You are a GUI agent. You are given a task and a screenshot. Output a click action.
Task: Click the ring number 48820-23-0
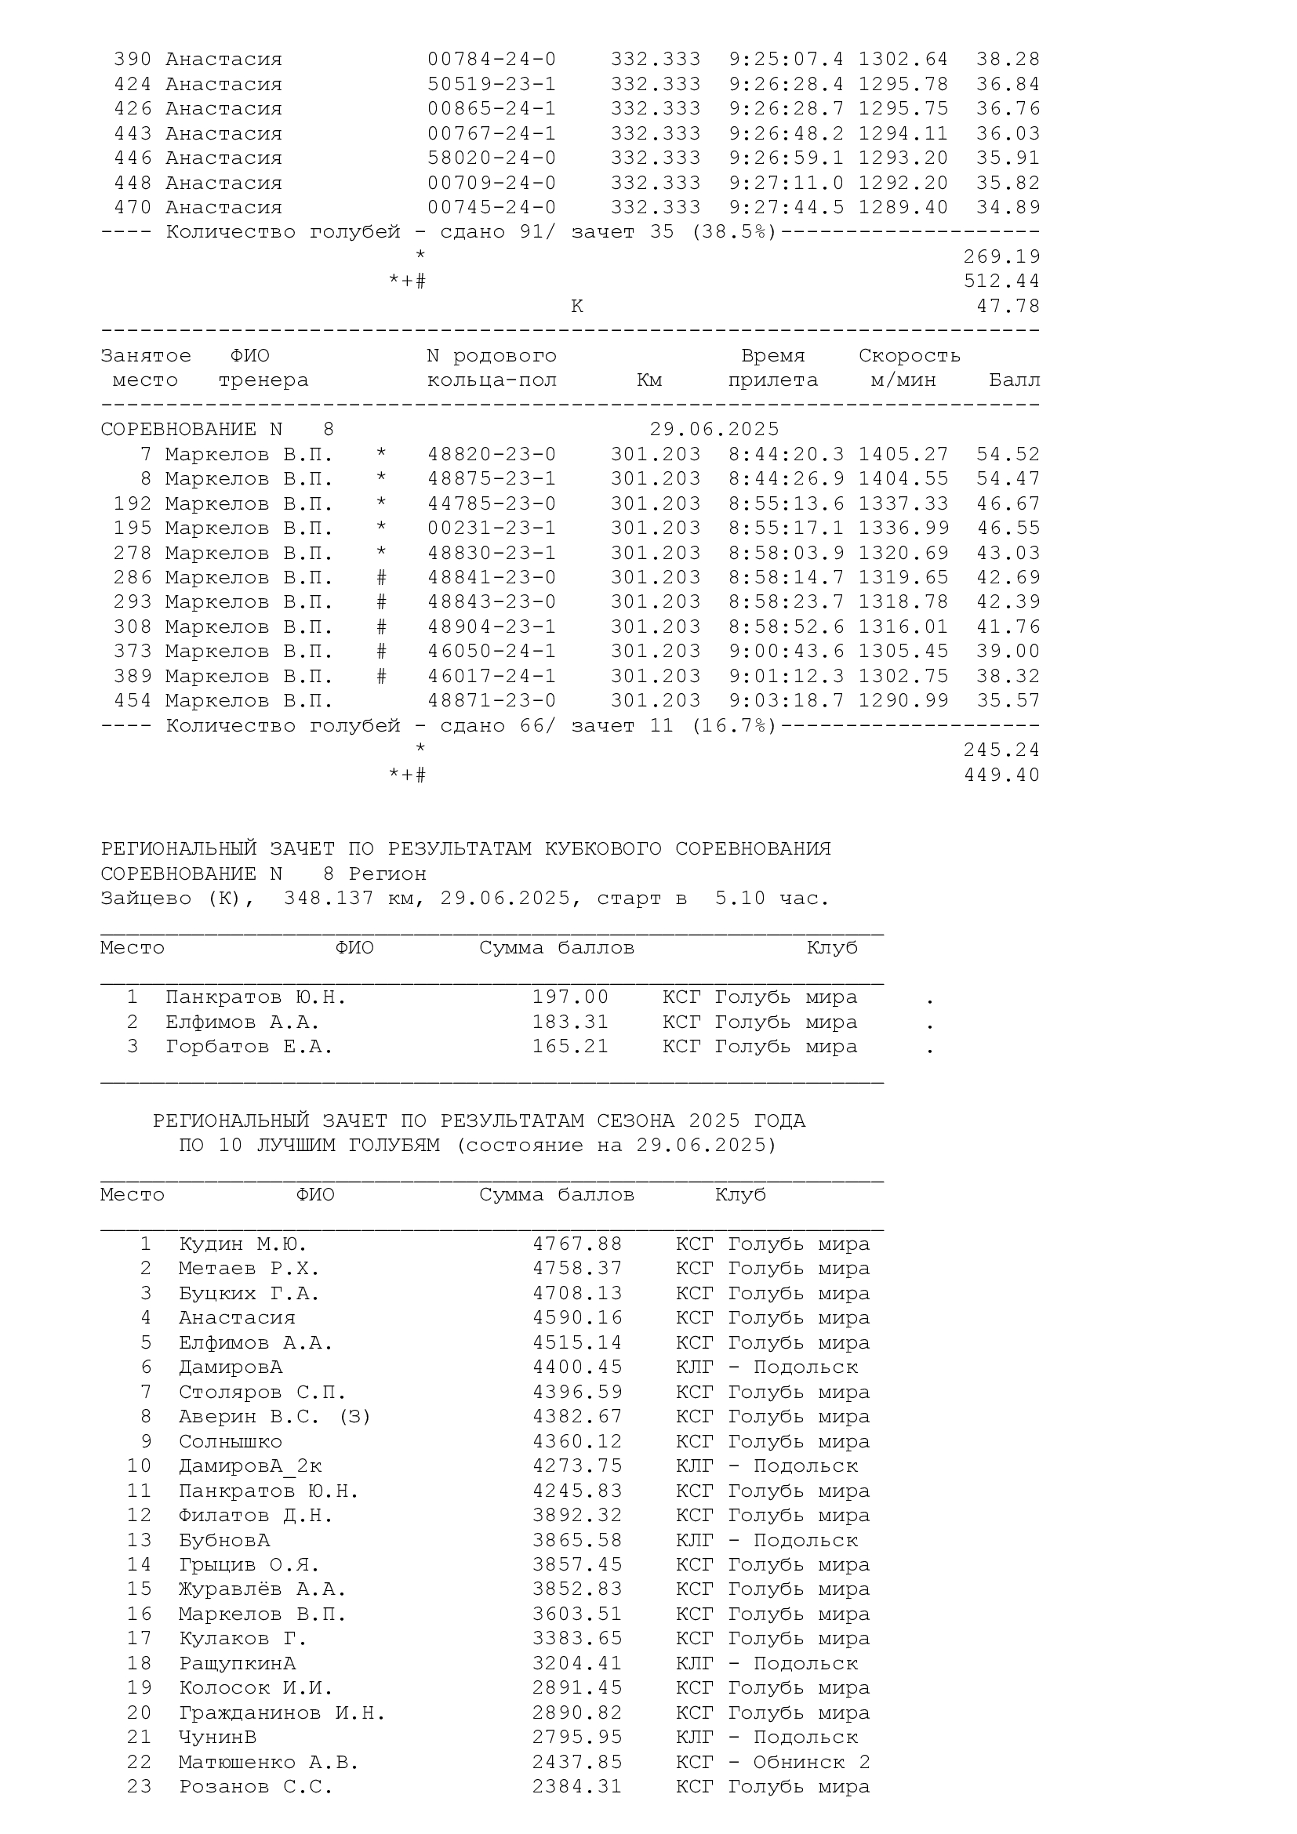(x=491, y=455)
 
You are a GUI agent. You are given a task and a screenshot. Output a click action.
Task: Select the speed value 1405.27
(x=903, y=455)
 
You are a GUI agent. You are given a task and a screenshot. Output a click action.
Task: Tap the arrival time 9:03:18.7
(x=786, y=700)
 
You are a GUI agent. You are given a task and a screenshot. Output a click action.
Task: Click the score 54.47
(x=1008, y=479)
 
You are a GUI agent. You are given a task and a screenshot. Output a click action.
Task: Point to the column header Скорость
(x=909, y=355)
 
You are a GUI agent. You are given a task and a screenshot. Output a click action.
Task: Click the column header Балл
(x=1014, y=380)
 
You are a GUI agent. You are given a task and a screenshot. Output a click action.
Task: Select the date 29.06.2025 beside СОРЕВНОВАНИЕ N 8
(x=714, y=430)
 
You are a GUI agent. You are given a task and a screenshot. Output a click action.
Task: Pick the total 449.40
(x=1001, y=775)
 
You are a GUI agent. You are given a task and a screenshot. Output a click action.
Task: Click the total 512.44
(x=1001, y=281)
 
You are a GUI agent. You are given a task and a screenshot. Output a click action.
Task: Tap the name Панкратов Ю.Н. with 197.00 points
(x=256, y=997)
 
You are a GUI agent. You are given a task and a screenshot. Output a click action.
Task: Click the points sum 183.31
(x=570, y=1022)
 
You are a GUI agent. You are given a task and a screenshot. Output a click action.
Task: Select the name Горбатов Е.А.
(x=249, y=1047)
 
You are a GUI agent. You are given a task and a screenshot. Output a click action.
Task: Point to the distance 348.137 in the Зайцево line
(x=329, y=899)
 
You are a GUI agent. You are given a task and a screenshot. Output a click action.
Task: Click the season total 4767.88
(x=577, y=1244)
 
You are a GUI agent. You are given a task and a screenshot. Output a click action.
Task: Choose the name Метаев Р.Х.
(x=249, y=1269)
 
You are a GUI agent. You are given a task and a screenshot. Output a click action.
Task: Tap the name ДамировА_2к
(x=250, y=1466)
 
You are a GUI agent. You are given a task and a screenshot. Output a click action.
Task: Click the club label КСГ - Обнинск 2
(x=772, y=1762)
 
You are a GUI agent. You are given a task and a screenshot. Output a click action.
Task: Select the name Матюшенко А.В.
(x=268, y=1762)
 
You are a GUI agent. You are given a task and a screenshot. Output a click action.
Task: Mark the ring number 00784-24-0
(x=491, y=60)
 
